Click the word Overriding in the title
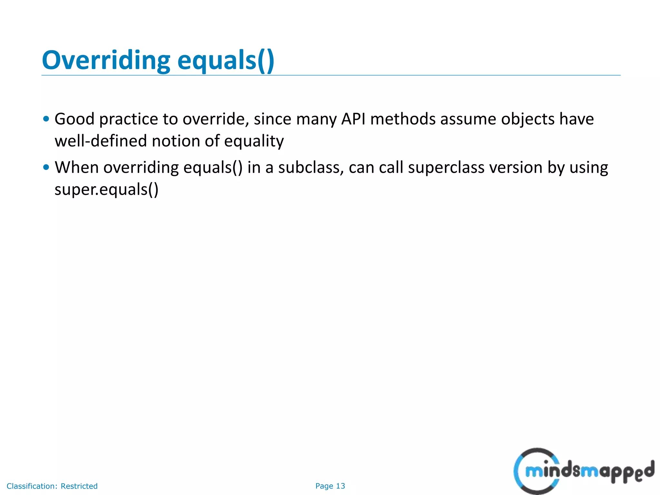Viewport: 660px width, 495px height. click(x=106, y=61)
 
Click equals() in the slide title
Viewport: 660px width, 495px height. click(x=226, y=61)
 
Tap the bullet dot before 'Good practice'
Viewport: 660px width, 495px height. click(x=46, y=119)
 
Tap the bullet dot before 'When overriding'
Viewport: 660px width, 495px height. click(x=46, y=167)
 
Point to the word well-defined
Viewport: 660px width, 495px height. click(x=101, y=141)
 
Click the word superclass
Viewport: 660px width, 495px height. click(x=446, y=168)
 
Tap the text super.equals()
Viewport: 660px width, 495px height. click(x=106, y=189)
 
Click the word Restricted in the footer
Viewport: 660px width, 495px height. click(x=79, y=486)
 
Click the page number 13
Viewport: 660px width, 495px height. click(x=340, y=486)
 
